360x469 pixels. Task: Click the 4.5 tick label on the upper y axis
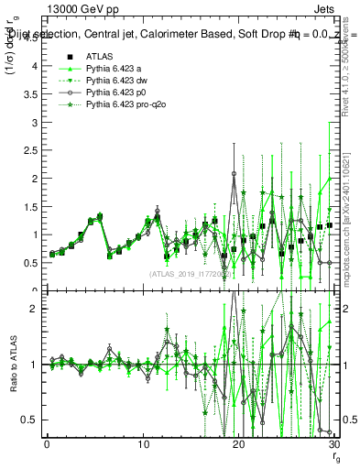pyautogui.click(x=29, y=66)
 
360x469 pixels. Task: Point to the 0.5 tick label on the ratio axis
pyautogui.click(x=29, y=420)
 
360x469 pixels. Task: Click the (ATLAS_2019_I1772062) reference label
pyautogui.click(x=190, y=273)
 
